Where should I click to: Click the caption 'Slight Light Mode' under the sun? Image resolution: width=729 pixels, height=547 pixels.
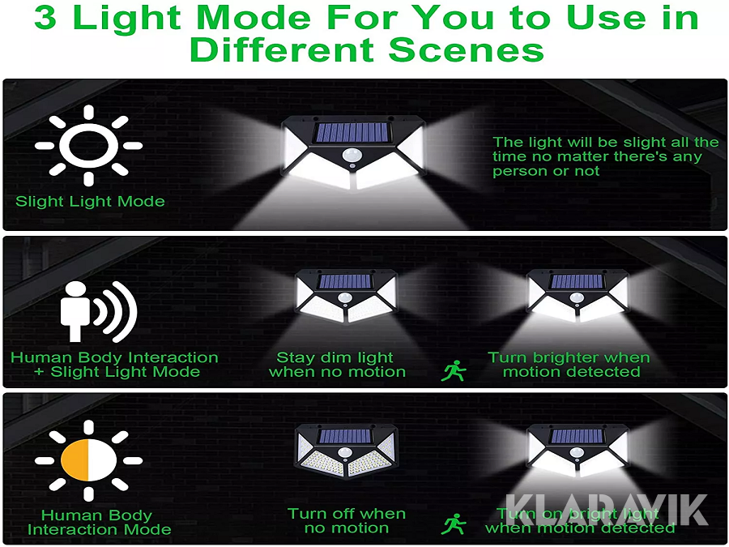(x=90, y=201)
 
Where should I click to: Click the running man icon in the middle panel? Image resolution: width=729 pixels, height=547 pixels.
(x=454, y=370)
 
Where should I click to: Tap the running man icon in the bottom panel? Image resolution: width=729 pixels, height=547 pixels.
(x=454, y=523)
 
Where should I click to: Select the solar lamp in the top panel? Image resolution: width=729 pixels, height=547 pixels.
(x=352, y=152)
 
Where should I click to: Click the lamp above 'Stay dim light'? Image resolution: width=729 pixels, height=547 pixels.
(x=345, y=296)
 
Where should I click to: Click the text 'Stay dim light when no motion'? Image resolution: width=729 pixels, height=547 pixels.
(x=337, y=365)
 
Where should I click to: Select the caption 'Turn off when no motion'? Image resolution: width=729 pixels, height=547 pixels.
(x=347, y=520)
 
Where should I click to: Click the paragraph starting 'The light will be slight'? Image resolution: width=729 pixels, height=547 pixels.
(x=605, y=156)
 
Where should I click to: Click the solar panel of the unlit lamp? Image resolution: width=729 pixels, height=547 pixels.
(x=344, y=436)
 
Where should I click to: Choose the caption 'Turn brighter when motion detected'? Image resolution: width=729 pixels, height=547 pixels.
(x=569, y=365)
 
